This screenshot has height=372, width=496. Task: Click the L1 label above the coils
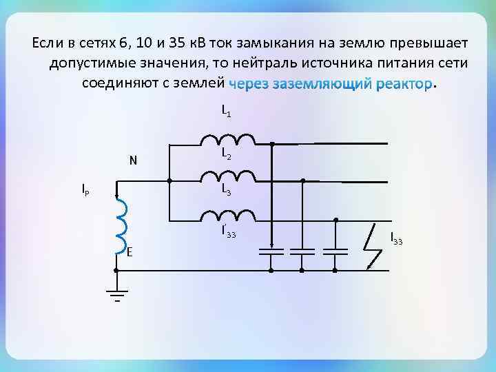click(x=226, y=110)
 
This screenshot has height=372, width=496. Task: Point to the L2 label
click(x=226, y=156)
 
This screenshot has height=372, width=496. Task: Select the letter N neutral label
click(x=134, y=162)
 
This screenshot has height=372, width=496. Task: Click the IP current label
click(x=85, y=189)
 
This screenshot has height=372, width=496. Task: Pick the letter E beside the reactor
click(x=130, y=252)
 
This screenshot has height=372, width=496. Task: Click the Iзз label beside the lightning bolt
click(x=396, y=239)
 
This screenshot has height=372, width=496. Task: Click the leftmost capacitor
click(x=271, y=249)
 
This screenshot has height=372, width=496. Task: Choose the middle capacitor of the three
click(x=303, y=249)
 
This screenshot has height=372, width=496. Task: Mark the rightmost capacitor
click(x=335, y=249)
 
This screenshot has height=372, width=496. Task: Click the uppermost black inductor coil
click(x=227, y=141)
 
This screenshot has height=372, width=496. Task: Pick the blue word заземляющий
click(x=322, y=85)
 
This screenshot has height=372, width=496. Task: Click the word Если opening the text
click(x=48, y=43)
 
